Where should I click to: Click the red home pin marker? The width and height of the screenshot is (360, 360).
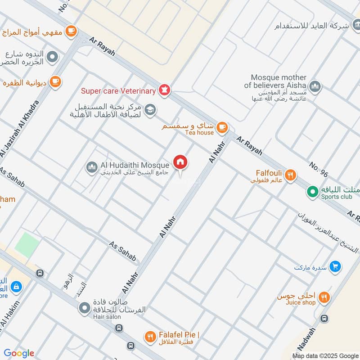click(180, 162)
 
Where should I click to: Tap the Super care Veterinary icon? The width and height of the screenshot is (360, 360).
click(165, 90)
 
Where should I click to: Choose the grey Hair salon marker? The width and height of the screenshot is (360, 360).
click(84, 308)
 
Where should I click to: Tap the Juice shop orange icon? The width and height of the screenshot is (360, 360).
click(324, 297)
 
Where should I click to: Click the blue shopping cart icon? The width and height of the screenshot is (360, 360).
click(334, 267)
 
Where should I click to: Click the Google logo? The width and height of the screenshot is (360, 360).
click(19, 353)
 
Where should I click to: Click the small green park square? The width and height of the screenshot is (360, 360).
click(27, 245)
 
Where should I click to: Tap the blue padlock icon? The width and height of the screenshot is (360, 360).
click(16, 286)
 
